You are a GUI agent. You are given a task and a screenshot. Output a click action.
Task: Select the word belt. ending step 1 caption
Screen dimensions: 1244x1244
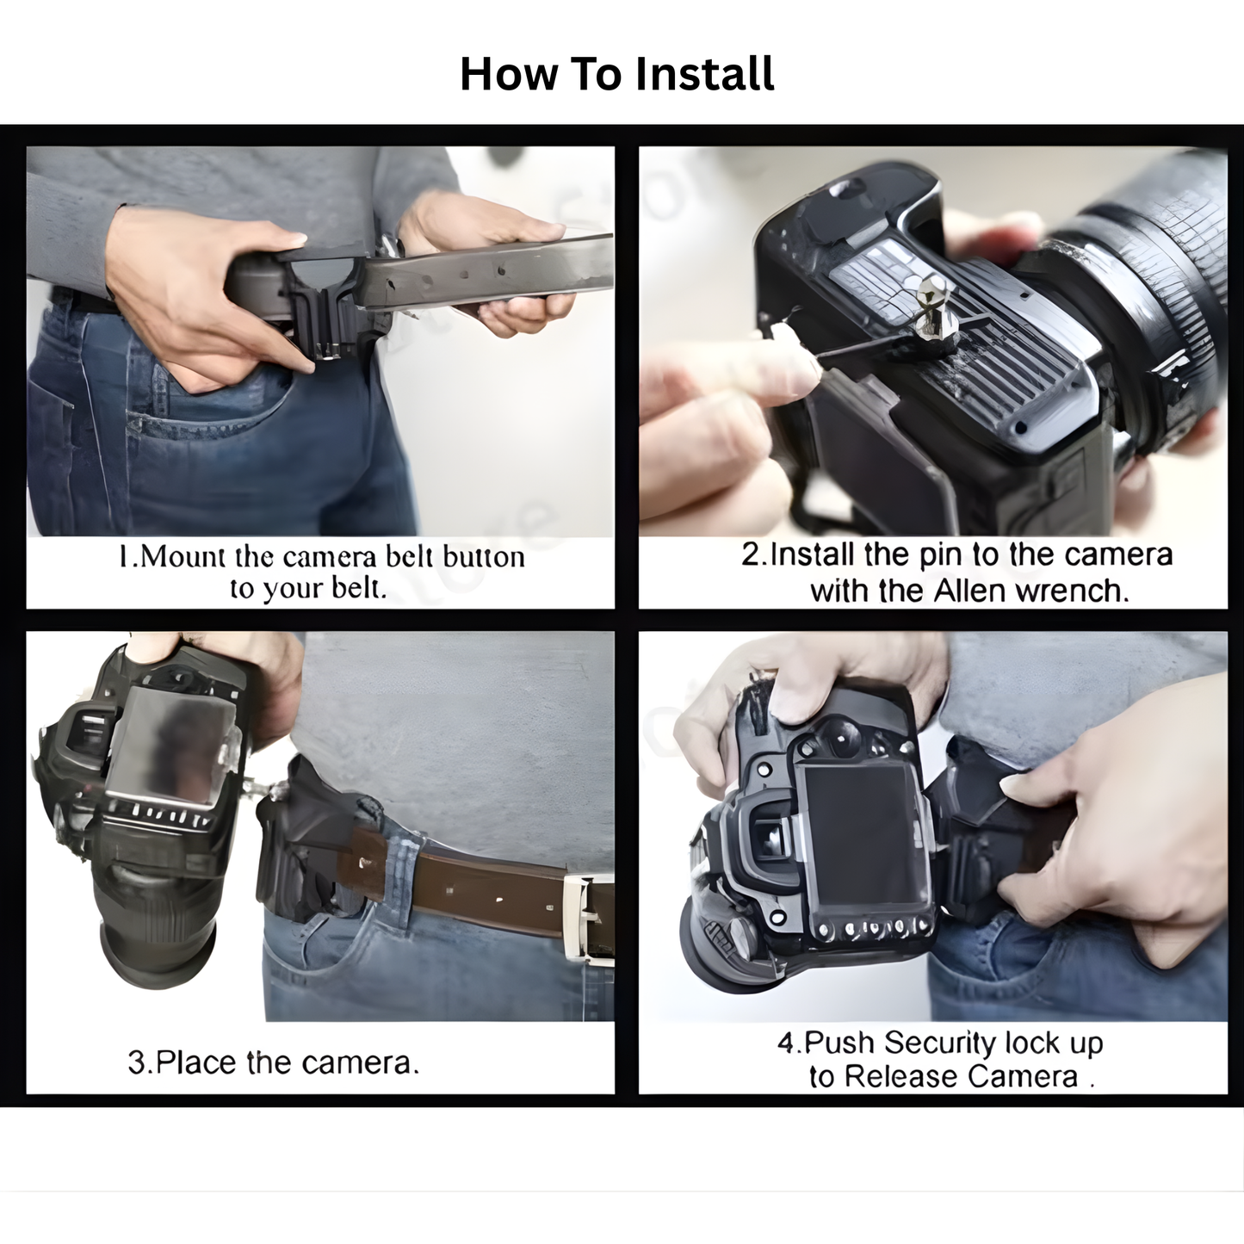pyautogui.click(x=359, y=589)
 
